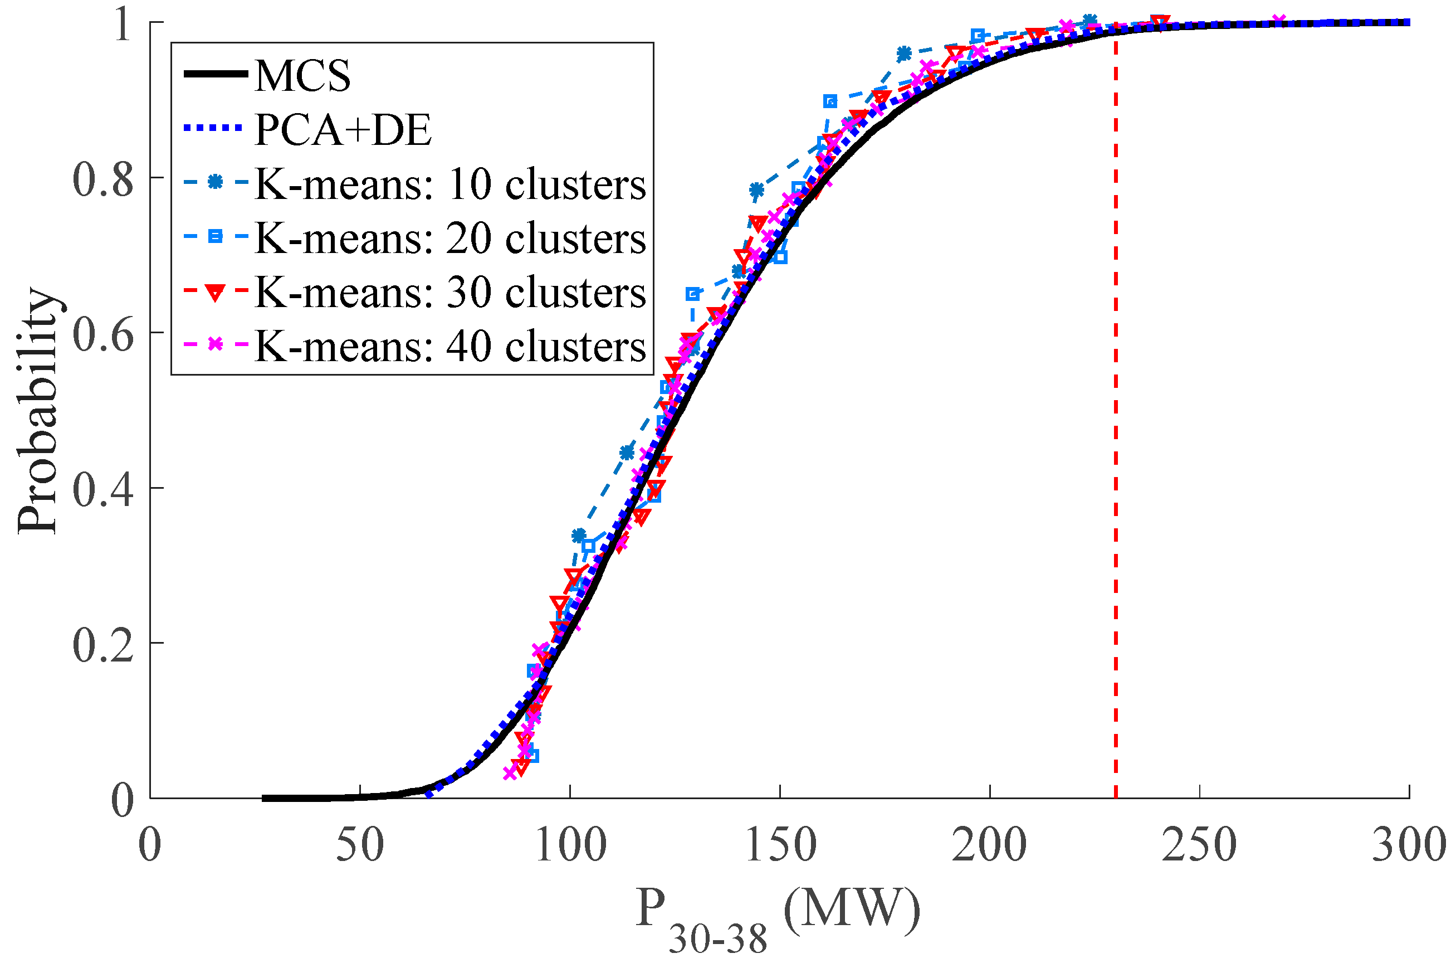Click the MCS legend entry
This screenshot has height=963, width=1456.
point(302,76)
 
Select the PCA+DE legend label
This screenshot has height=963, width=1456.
point(343,130)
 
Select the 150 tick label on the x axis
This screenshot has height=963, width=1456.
point(780,846)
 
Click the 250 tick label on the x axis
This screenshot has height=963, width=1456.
point(1199,846)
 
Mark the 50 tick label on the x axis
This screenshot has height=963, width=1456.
point(360,846)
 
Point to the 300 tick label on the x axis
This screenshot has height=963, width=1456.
point(1409,846)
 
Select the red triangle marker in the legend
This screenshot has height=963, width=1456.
point(215,293)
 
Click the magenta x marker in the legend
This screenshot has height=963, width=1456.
point(215,344)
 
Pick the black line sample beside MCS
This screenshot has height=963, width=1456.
point(215,74)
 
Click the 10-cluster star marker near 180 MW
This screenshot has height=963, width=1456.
point(903,54)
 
